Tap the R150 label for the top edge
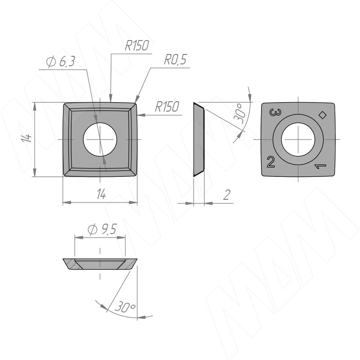tap(137, 46)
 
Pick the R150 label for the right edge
tap(167, 107)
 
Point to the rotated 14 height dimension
tap(27, 139)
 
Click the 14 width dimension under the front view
tap(101, 194)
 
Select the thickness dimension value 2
tap(226, 194)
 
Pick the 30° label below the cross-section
tap(125, 308)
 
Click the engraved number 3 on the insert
tap(273, 113)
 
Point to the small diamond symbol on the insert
tap(322, 115)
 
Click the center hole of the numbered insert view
tap(297, 139)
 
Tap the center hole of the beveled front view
tap(100, 139)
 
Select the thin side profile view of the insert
tap(199, 139)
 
